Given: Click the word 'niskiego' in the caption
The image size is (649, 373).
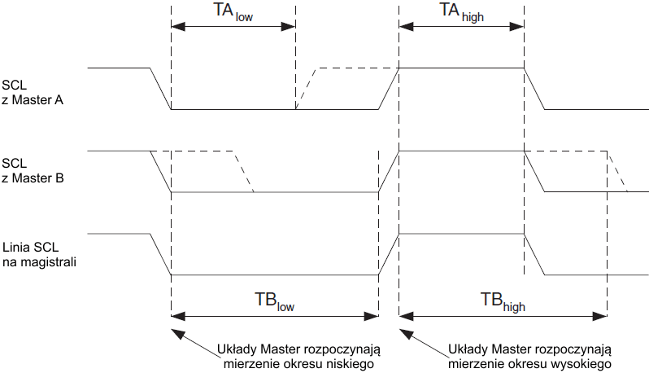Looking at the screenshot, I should click(349, 363).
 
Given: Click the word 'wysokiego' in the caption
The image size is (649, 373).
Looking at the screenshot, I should click(583, 363).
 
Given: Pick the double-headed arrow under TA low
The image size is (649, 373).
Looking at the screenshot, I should click(233, 26).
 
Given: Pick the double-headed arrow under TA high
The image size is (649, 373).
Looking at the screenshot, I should click(461, 26).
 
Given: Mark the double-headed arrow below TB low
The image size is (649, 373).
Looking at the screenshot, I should click(275, 315).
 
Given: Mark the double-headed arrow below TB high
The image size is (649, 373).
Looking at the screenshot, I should click(503, 315).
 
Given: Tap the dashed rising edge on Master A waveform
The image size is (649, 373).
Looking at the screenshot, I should click(307, 88).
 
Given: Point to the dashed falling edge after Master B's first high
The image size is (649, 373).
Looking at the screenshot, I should click(244, 171).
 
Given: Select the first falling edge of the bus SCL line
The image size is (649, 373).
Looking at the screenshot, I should click(160, 255).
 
